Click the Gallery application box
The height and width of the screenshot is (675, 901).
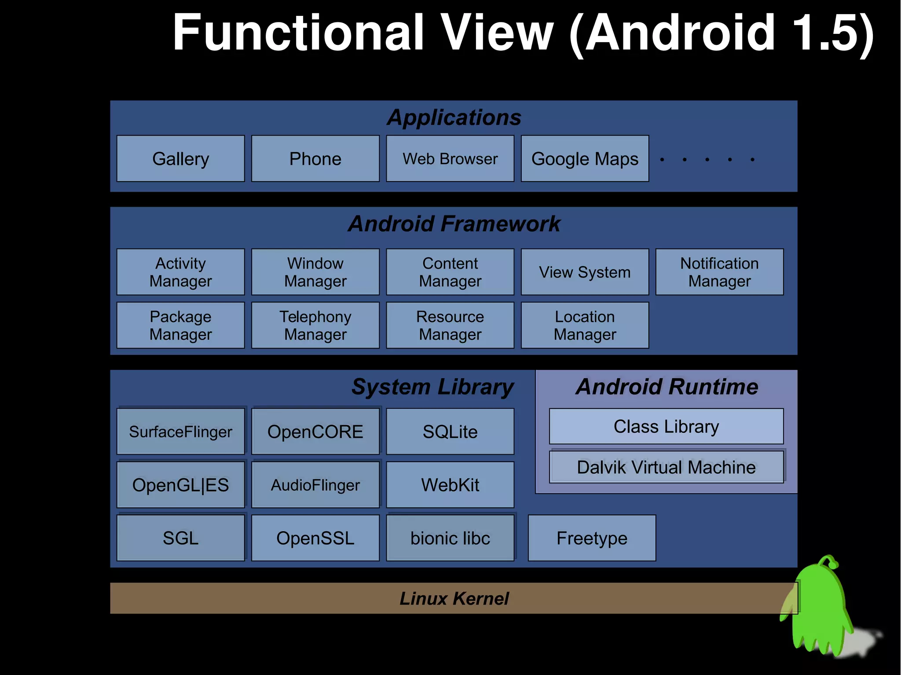pyautogui.click(x=180, y=158)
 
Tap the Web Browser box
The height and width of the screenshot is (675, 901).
pyautogui.click(x=450, y=158)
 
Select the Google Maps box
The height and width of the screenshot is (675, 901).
pyautogui.click(x=585, y=158)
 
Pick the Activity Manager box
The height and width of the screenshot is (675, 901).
pyautogui.click(x=180, y=272)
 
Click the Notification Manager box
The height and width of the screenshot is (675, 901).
pyautogui.click(x=719, y=272)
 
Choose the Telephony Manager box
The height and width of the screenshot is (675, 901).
pyautogui.click(x=315, y=325)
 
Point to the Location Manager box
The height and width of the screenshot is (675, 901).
pyautogui.click(x=585, y=325)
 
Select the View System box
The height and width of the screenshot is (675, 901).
pyautogui.click(x=585, y=272)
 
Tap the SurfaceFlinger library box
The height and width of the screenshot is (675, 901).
pyautogui.click(x=180, y=431)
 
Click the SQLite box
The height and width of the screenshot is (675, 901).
pyautogui.click(x=450, y=431)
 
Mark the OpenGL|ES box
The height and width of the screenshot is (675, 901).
pyautogui.click(x=180, y=485)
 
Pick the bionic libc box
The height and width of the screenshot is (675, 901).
pyautogui.click(x=450, y=538)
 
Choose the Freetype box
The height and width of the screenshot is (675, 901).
pyautogui.click(x=592, y=538)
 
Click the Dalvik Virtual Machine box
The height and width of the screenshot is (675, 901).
pyautogui.click(x=666, y=467)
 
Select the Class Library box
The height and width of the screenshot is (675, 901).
pyautogui.click(x=666, y=426)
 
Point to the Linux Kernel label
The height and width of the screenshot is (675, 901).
pyautogui.click(x=454, y=598)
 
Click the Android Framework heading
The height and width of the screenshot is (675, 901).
pyautogui.click(x=454, y=223)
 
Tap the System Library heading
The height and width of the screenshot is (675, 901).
pyautogui.click(x=432, y=387)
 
